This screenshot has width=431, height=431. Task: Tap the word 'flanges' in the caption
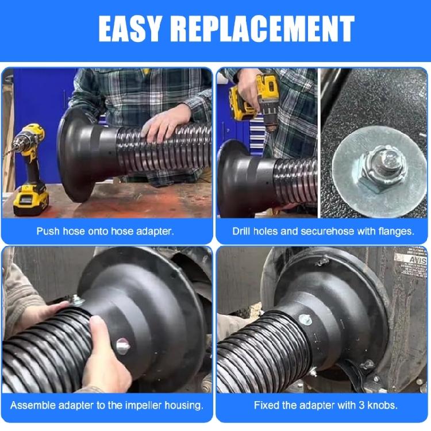(395, 232)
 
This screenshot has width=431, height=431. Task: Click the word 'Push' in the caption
(47, 232)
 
